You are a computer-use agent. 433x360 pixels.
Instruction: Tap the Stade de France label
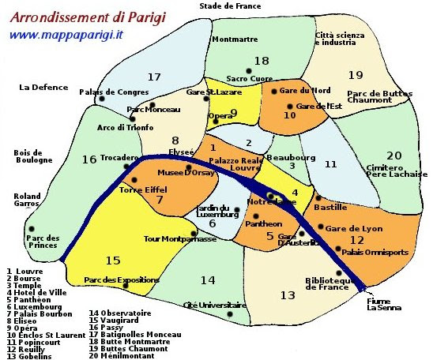click(230, 6)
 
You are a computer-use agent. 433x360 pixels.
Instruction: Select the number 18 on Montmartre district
click(262, 61)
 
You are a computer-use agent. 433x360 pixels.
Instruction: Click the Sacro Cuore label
click(250, 79)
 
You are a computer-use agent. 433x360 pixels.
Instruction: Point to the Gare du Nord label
click(305, 91)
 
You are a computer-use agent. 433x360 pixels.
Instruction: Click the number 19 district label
click(356, 76)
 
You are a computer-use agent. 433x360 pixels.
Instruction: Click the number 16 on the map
click(88, 159)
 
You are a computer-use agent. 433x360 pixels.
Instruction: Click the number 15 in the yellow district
click(113, 261)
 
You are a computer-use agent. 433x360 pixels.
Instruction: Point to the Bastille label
click(331, 207)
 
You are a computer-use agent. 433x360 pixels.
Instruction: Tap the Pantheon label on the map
click(263, 224)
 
